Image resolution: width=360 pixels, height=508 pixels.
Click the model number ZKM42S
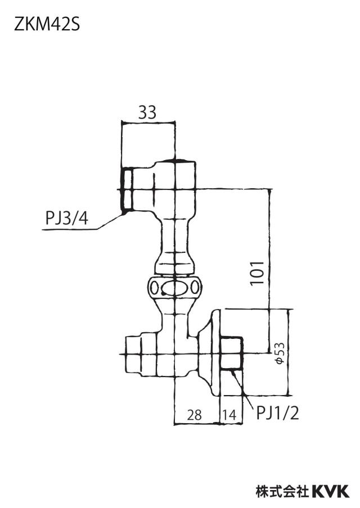click(x=47, y=24)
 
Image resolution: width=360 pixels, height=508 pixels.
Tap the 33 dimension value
click(x=147, y=112)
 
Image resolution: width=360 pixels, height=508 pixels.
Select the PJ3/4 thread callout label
click(x=67, y=218)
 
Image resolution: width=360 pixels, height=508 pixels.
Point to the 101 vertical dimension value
click(x=257, y=273)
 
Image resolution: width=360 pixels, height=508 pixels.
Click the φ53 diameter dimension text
click(x=280, y=353)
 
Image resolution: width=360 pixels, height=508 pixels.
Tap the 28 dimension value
click(x=194, y=415)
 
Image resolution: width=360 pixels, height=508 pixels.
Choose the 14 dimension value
click(x=230, y=415)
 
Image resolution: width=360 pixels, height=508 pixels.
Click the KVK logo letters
click(x=331, y=491)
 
